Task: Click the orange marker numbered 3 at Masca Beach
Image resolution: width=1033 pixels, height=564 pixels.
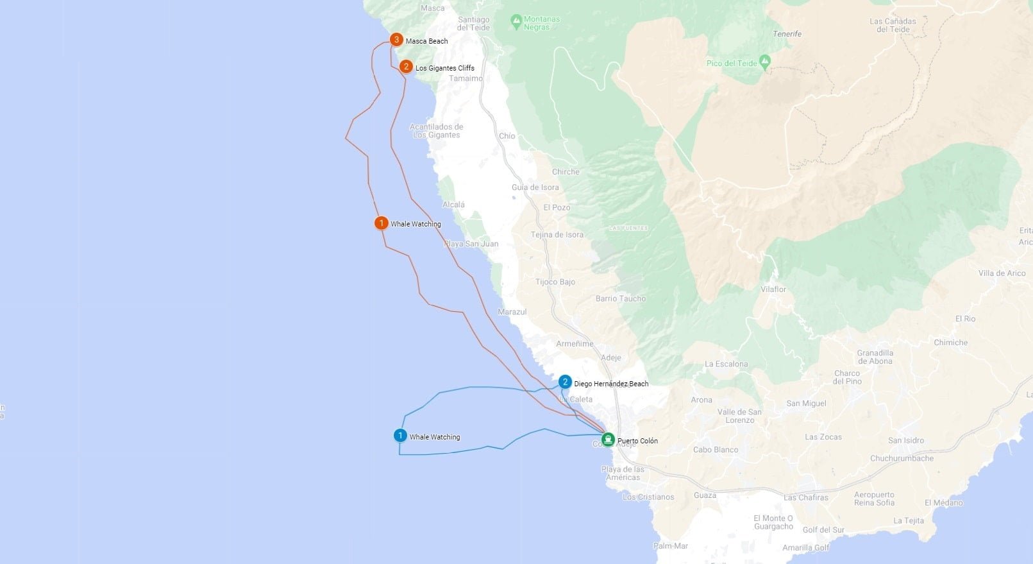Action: click(396, 40)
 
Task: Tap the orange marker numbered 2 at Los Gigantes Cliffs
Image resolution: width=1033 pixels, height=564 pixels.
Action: click(406, 67)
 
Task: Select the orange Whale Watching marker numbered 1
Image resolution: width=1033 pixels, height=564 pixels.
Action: click(381, 223)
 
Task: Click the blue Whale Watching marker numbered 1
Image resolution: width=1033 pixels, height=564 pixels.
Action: click(400, 436)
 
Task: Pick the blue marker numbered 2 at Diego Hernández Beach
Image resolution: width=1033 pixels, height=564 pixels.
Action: click(565, 382)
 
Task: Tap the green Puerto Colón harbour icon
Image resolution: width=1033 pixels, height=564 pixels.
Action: click(607, 440)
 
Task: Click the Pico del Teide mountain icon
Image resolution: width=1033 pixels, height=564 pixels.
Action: click(764, 62)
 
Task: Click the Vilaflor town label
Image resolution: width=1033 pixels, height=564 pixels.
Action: click(773, 289)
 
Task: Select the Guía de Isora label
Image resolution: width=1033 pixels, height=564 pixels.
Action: click(535, 187)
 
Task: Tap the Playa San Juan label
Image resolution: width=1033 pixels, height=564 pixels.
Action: click(471, 244)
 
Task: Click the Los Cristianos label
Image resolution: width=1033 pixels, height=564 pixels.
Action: click(648, 497)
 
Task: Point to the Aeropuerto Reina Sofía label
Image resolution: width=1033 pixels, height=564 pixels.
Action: click(874, 499)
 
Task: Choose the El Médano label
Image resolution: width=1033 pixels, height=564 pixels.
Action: click(943, 502)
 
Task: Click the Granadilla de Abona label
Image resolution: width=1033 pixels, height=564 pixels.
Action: click(875, 357)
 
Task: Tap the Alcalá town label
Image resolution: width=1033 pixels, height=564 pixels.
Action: click(453, 205)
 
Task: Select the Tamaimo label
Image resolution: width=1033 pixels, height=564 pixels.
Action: click(466, 78)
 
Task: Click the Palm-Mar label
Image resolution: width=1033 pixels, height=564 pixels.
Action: click(671, 545)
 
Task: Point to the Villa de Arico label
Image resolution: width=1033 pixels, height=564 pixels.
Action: click(1002, 273)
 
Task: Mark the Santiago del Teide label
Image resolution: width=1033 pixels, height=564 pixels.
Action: click(474, 24)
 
